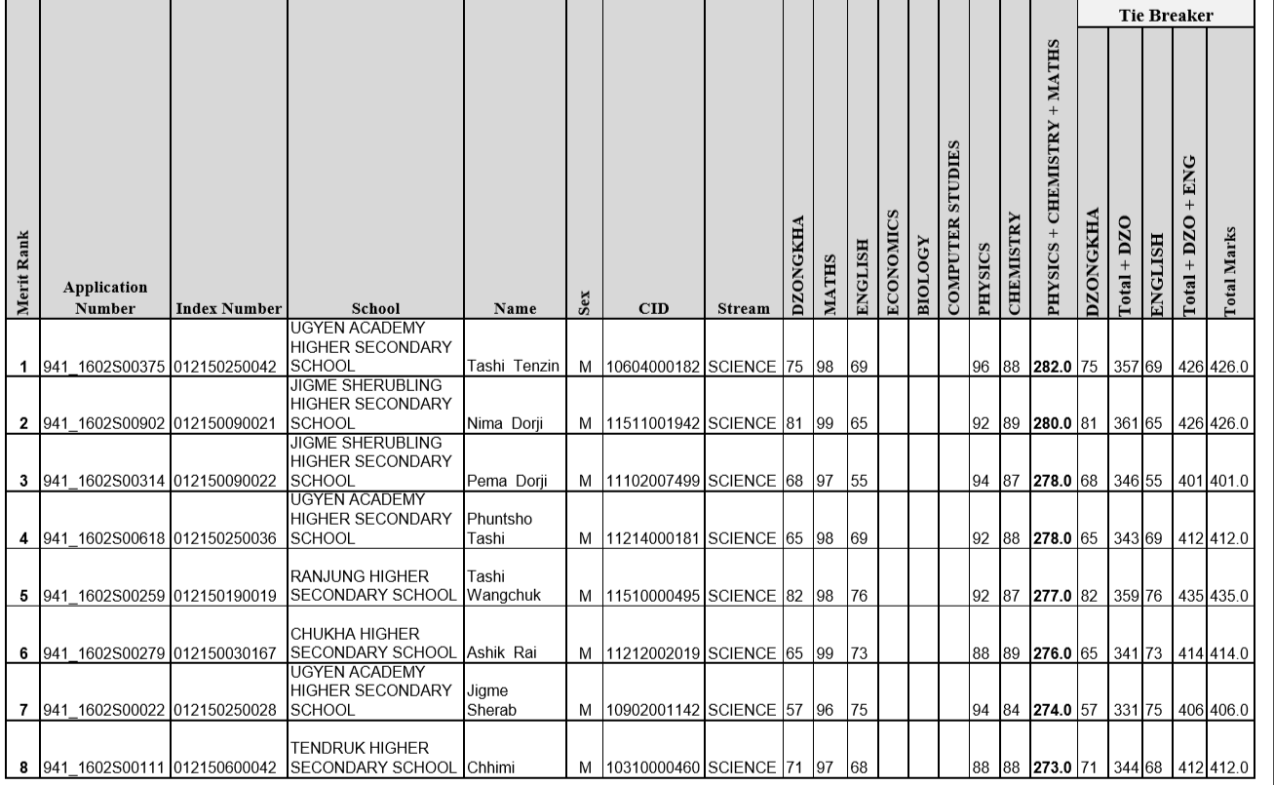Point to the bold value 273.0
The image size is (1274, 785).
1054,776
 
